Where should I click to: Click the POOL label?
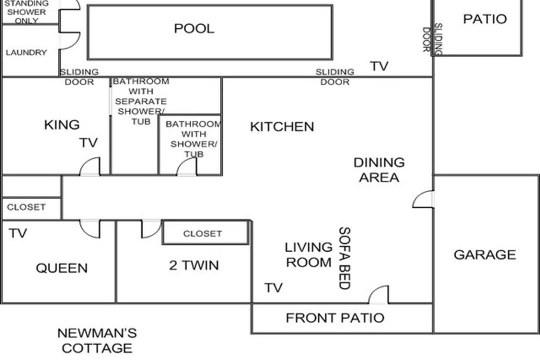(x=194, y=28)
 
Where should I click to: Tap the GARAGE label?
(x=484, y=255)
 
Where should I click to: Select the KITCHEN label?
(x=282, y=127)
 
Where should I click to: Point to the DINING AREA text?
(x=379, y=170)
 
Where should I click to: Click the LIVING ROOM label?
(x=308, y=255)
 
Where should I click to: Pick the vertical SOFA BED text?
(x=344, y=258)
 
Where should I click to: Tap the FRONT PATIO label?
(x=335, y=318)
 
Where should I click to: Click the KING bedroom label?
(x=62, y=124)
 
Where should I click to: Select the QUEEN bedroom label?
(x=61, y=268)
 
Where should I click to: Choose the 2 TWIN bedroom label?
(x=194, y=265)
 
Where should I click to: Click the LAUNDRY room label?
(x=26, y=52)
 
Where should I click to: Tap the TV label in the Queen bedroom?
(x=18, y=233)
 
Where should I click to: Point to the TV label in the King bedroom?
(x=88, y=142)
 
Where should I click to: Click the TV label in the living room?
(x=273, y=287)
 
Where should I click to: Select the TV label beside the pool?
(x=379, y=66)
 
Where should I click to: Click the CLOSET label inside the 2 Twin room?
(x=202, y=233)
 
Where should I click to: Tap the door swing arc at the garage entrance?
(x=417, y=195)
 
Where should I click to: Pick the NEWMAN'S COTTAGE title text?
(x=97, y=340)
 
